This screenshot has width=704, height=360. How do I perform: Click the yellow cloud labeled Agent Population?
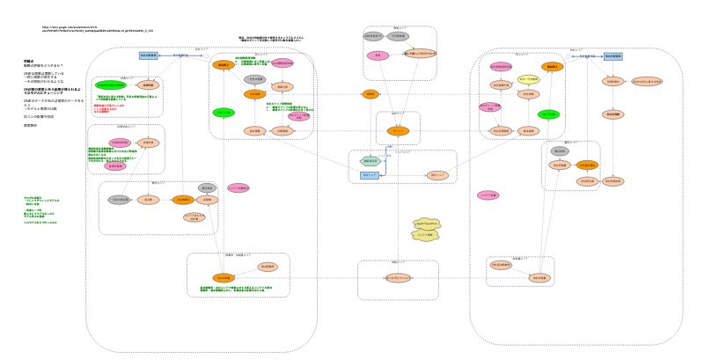coord(426,224)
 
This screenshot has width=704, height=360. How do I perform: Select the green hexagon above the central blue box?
coord(370,161)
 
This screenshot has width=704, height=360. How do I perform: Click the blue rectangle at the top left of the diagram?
coord(148,55)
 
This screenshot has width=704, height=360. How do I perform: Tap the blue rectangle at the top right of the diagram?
coord(612,55)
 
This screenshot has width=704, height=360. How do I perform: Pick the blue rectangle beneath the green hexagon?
coord(370,175)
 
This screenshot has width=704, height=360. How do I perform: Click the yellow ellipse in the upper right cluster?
coord(528,80)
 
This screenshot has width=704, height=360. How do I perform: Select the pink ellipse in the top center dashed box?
coord(378,55)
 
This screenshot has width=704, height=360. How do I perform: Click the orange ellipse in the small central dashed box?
coord(398,131)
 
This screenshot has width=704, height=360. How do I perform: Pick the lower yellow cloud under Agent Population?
coord(425,236)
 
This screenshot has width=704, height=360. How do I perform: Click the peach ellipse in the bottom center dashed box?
coord(398,277)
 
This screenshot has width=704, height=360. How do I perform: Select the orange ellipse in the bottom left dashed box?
coord(224,278)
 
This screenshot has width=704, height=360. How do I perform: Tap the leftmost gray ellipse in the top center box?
coord(373,36)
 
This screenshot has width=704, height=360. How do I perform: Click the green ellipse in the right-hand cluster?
coord(548,114)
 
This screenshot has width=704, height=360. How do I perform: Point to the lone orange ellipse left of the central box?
coord(370,94)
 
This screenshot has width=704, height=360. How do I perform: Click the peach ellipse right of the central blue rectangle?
coord(437,175)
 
